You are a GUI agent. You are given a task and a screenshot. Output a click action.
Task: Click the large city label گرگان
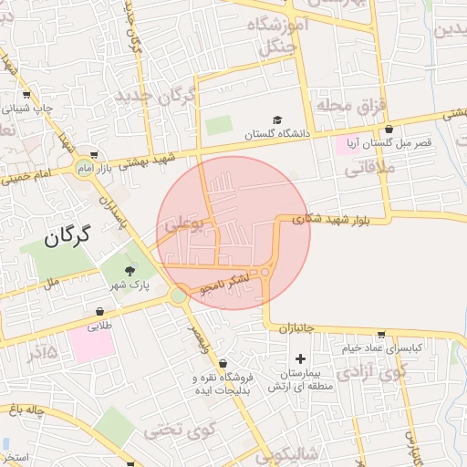67,238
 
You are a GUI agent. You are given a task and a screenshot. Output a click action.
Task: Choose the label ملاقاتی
368,168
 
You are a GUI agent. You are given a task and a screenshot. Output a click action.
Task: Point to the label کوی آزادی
369,372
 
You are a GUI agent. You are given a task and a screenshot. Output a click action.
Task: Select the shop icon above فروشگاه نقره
223,363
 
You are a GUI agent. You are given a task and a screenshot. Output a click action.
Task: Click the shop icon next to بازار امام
96,154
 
